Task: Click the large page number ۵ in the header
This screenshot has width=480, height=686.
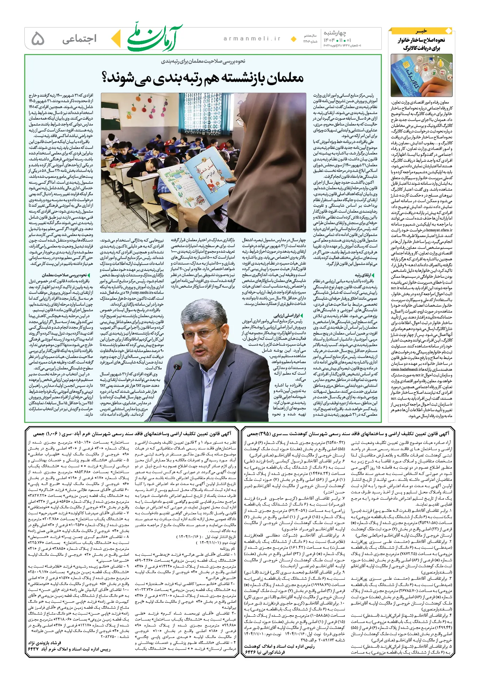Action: click(38, 39)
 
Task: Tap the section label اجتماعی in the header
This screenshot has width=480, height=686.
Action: click(79, 39)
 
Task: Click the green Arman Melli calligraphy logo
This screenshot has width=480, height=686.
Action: click(155, 38)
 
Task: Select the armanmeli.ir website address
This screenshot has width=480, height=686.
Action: click(252, 39)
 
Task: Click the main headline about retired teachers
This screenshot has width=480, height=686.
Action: click(203, 77)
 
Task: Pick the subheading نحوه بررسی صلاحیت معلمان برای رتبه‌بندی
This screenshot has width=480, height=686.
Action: click(203, 61)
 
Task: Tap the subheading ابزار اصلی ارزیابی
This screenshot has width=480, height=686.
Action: click(289, 316)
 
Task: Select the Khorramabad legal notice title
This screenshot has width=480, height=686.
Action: click(132, 434)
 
